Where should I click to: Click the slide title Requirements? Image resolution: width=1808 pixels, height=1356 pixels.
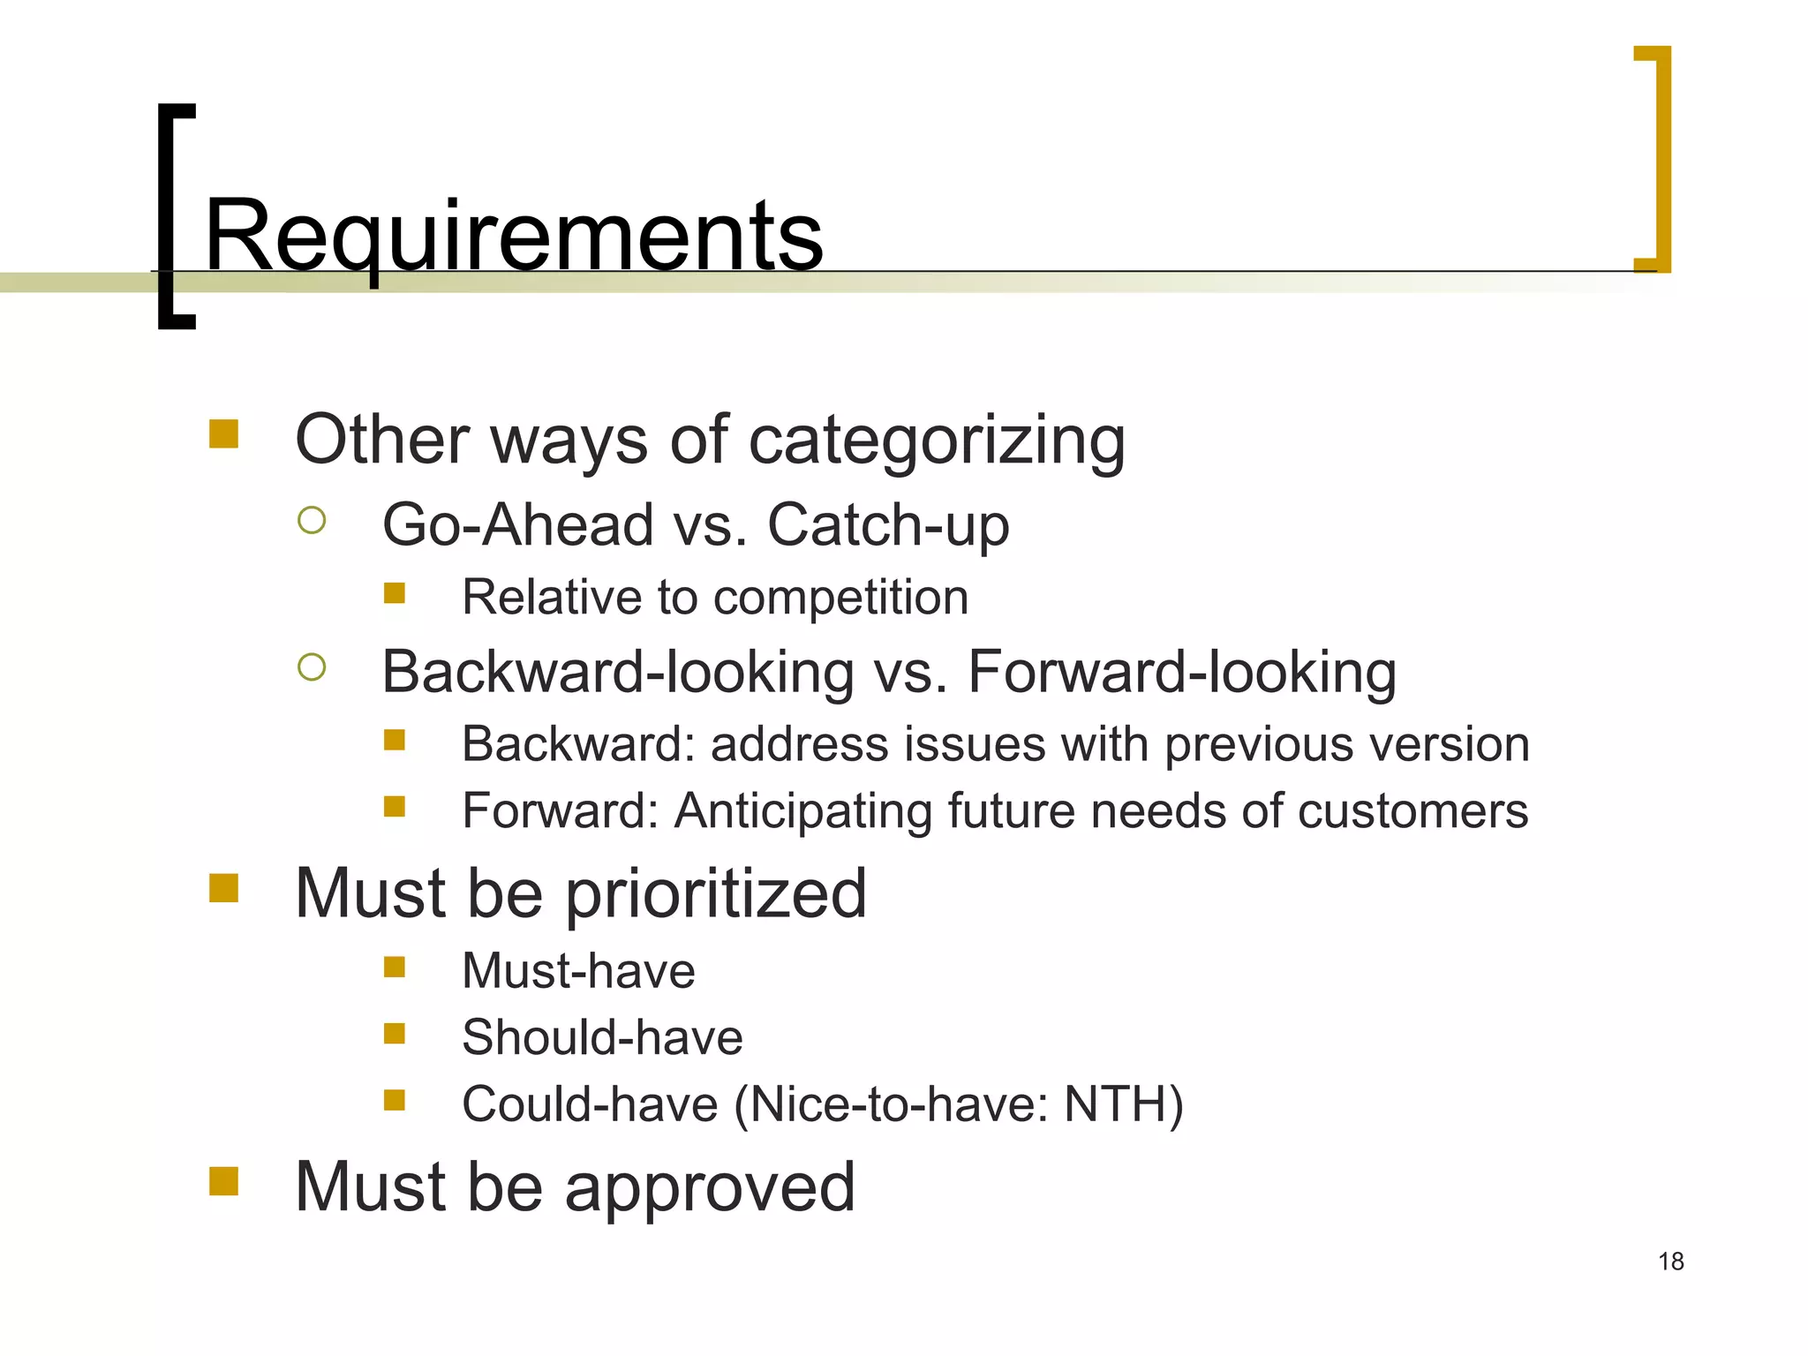click(x=514, y=237)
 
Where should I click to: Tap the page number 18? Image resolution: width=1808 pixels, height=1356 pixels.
click(x=1670, y=1262)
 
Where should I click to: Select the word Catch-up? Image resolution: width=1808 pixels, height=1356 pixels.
click(x=888, y=525)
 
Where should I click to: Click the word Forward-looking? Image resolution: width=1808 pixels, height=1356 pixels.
click(x=1182, y=673)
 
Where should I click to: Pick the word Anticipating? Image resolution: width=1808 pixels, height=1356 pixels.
click(x=802, y=811)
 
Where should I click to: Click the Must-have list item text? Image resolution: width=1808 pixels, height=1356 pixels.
click(x=578, y=971)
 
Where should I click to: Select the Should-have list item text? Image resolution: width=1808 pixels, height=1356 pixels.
click(x=602, y=1037)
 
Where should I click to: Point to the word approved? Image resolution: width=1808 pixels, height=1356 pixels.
click(x=710, y=1187)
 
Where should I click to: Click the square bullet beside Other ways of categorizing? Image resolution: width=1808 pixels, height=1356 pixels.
click(x=224, y=433)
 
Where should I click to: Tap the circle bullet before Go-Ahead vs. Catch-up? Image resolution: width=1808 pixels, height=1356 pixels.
click(x=312, y=520)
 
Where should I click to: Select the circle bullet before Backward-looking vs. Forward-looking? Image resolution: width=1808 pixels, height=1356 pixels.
click(x=312, y=667)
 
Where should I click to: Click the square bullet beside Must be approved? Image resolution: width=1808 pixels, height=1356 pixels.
click(x=224, y=1180)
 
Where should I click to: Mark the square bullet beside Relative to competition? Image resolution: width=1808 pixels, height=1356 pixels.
click(x=395, y=592)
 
